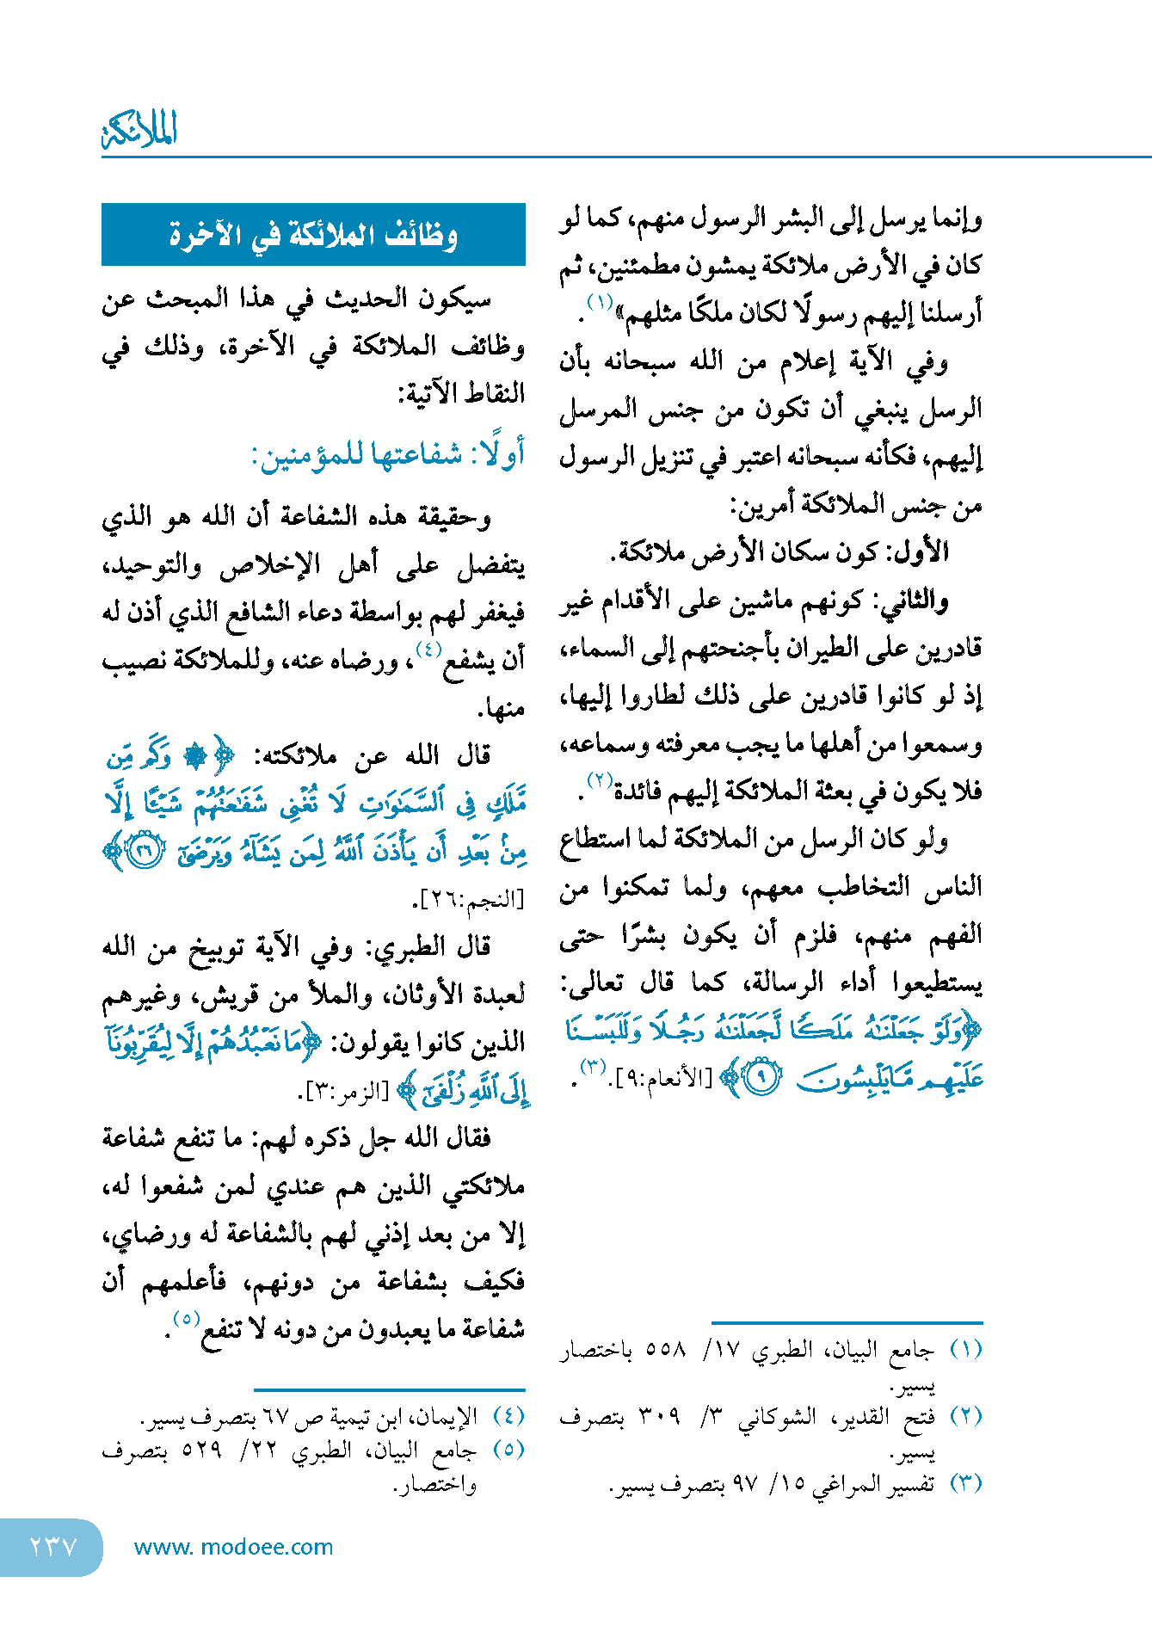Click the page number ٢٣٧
point(52,1547)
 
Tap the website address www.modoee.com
point(233,1547)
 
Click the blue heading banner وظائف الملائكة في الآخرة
point(313,234)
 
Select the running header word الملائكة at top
point(139,130)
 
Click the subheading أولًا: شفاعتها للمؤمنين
point(388,454)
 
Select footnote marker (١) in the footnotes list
point(965,1349)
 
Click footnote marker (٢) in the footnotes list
point(965,1416)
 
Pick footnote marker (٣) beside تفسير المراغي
point(965,1483)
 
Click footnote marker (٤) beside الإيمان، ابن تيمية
point(508,1416)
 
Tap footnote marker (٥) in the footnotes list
point(508,1450)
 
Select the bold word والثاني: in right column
point(912,600)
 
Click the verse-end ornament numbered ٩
point(761,1077)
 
